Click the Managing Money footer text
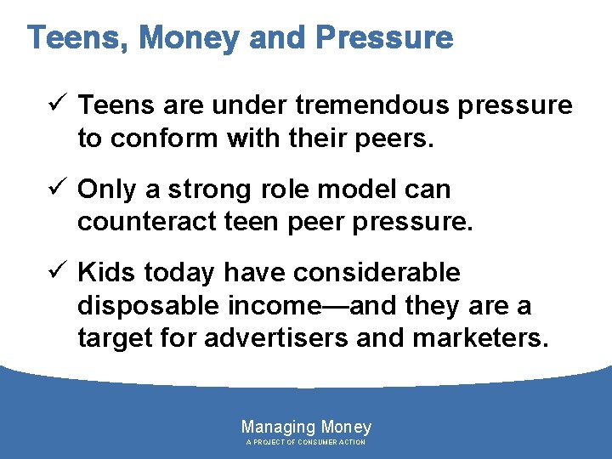[x=306, y=428]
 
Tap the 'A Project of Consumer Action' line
[x=306, y=443]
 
